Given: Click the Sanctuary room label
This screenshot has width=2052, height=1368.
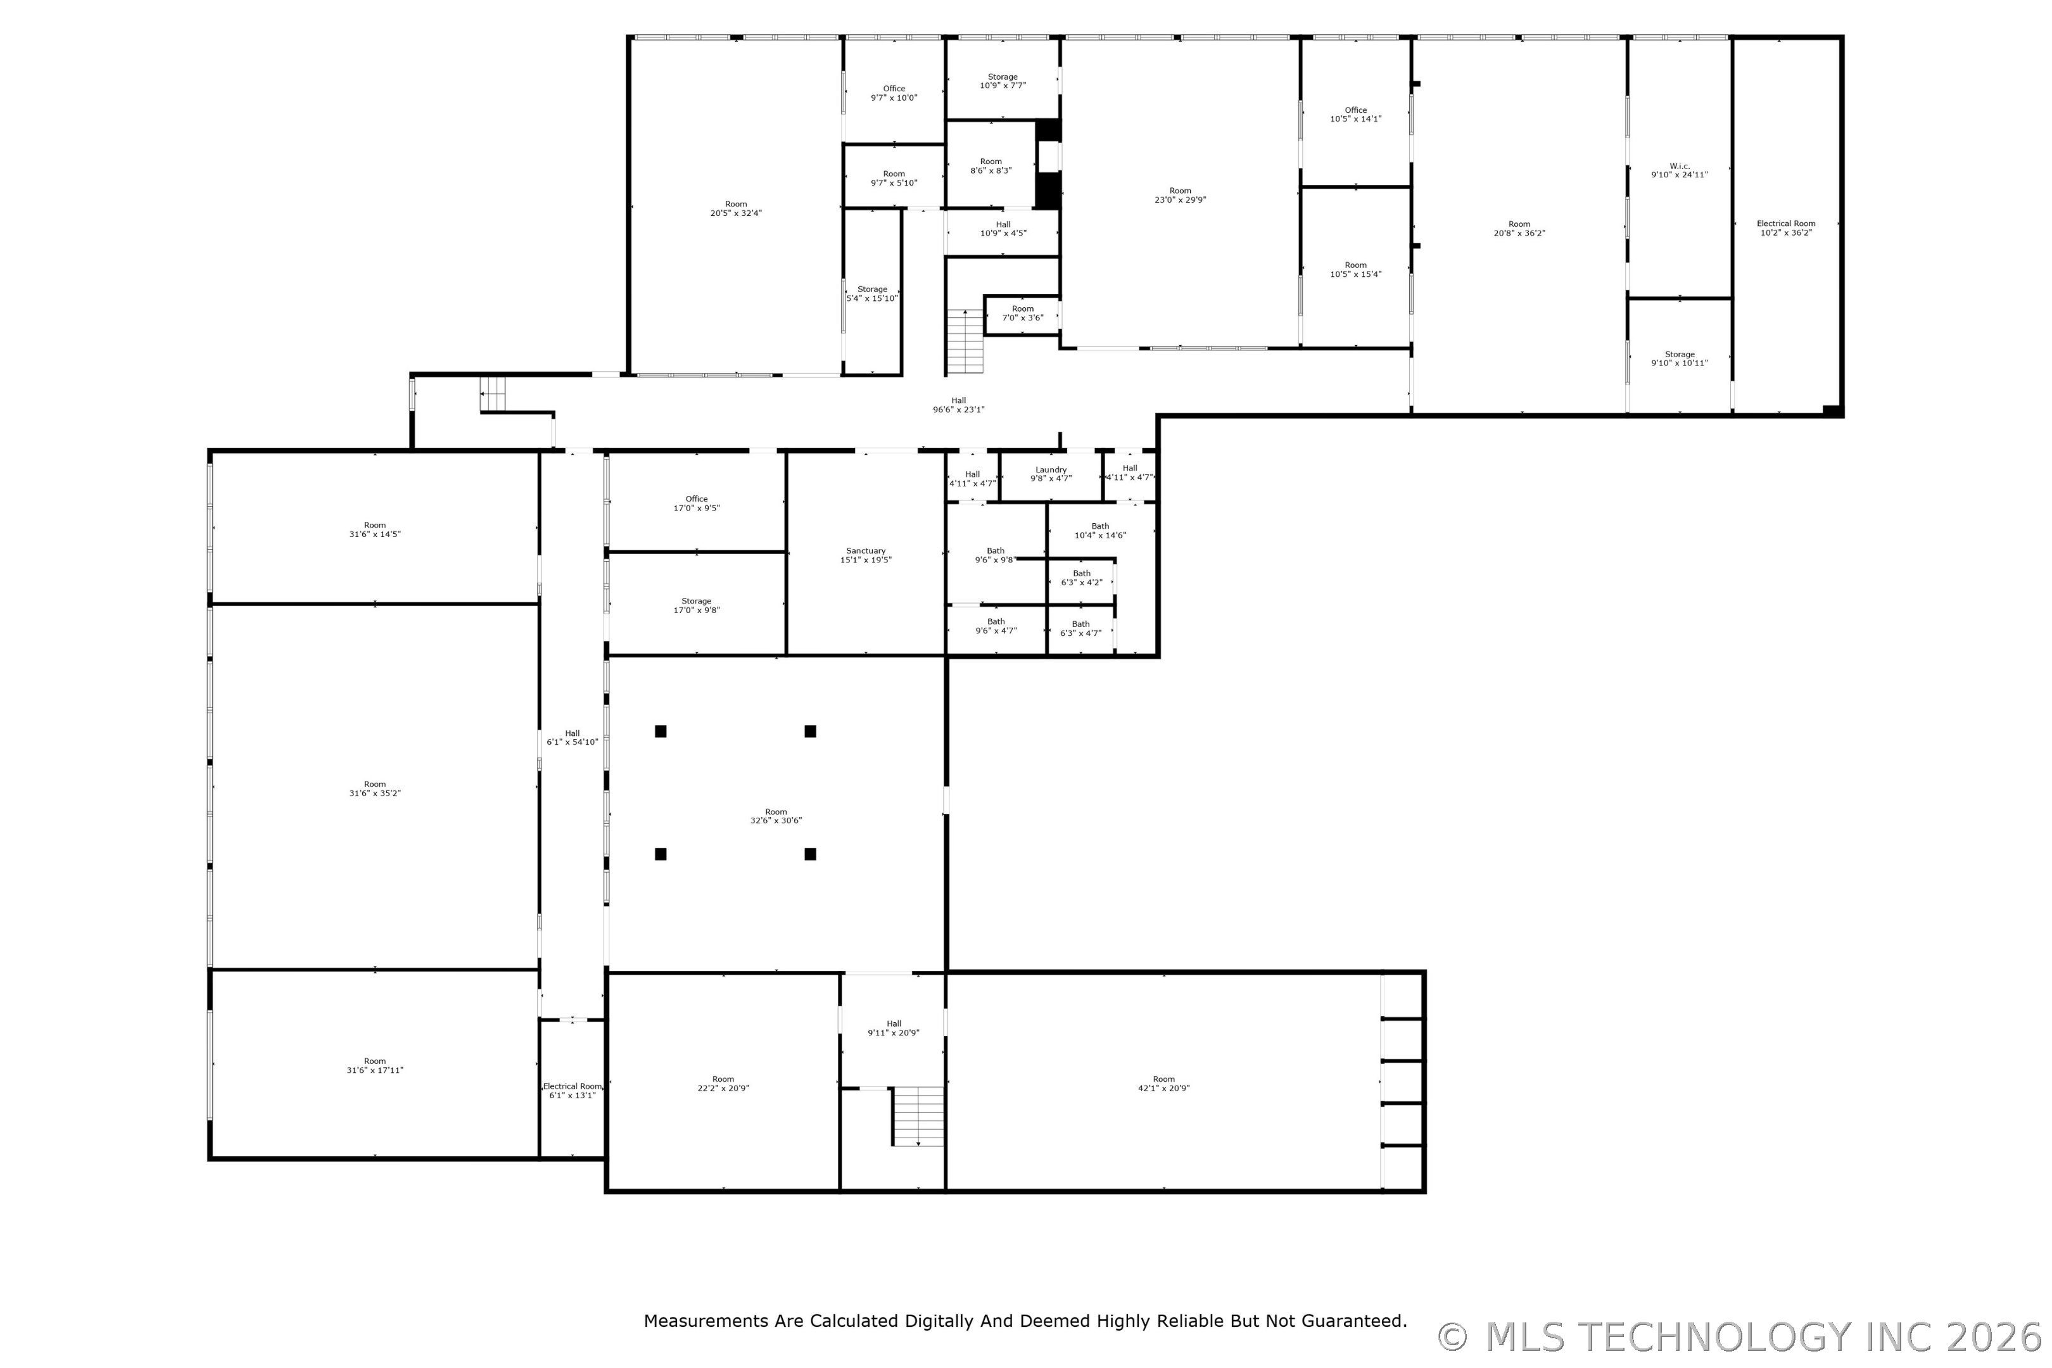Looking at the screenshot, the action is coord(866,555).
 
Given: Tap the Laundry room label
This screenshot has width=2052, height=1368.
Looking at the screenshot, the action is coord(1051,474).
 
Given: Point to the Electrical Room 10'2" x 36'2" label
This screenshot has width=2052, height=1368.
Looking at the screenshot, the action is coord(1786,228).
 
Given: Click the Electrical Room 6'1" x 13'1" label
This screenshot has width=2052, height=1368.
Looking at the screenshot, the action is coord(573,1091).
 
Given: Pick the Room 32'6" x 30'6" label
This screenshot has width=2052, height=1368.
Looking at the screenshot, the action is coord(776,816).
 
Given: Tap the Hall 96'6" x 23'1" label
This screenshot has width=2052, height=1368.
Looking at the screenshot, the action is coord(958,405).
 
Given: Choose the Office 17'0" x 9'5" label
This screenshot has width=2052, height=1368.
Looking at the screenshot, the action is coord(696,503).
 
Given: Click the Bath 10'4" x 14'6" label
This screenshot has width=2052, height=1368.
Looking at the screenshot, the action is coord(1100,531).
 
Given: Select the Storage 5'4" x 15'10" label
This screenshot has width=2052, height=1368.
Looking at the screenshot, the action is coord(871,294).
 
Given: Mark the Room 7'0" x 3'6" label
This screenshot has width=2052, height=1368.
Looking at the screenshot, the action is coord(1022,313).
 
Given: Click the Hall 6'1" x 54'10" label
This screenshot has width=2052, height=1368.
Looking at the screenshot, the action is coord(573,738).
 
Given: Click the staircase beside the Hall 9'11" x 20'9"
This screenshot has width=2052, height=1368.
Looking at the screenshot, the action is coord(918,1116).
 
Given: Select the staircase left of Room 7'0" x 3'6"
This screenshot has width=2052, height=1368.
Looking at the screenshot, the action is coord(965,341).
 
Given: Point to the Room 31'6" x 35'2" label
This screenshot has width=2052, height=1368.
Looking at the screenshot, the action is coord(374,788).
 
